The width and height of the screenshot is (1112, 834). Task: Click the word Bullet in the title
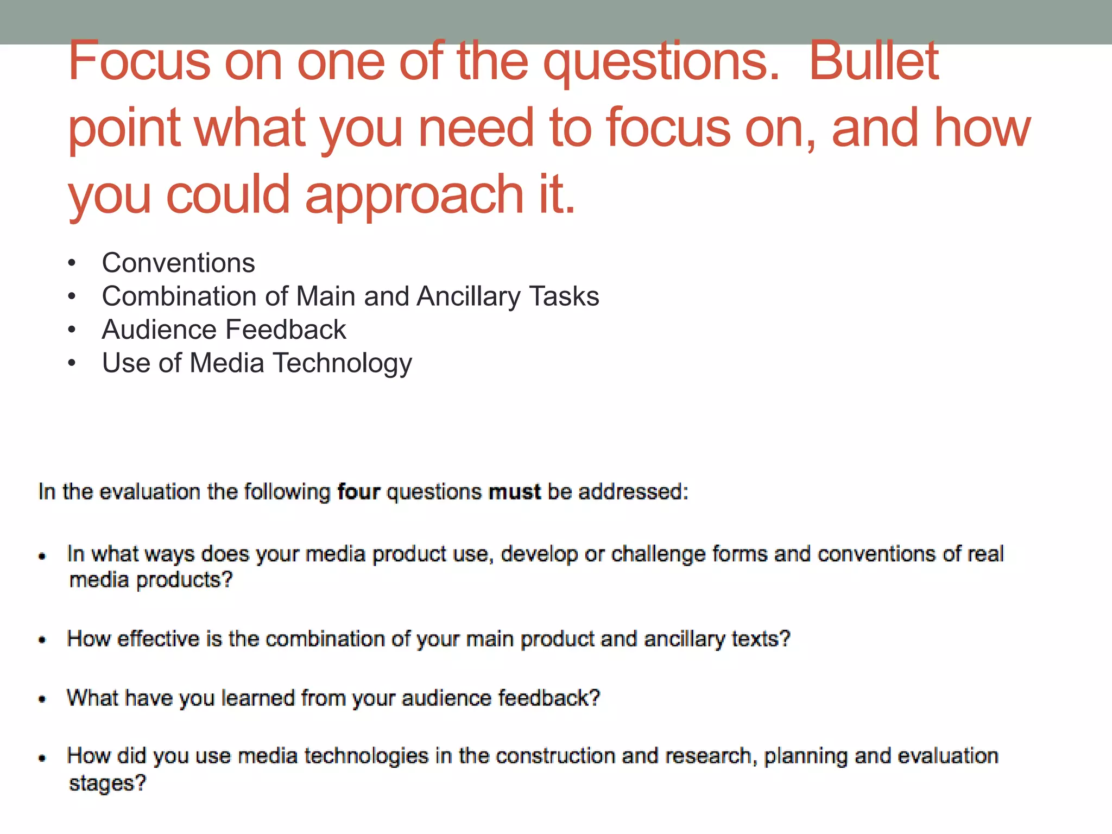[874, 61]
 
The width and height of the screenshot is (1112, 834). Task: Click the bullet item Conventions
[178, 263]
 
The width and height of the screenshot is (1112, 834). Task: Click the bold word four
[358, 492]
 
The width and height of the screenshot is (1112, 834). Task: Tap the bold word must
[514, 492]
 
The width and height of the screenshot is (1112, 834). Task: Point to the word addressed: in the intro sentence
[633, 492]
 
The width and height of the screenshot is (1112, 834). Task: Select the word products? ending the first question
[184, 580]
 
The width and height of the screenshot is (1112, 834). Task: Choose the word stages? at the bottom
[108, 784]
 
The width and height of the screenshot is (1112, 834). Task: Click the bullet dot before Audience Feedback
[72, 330]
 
